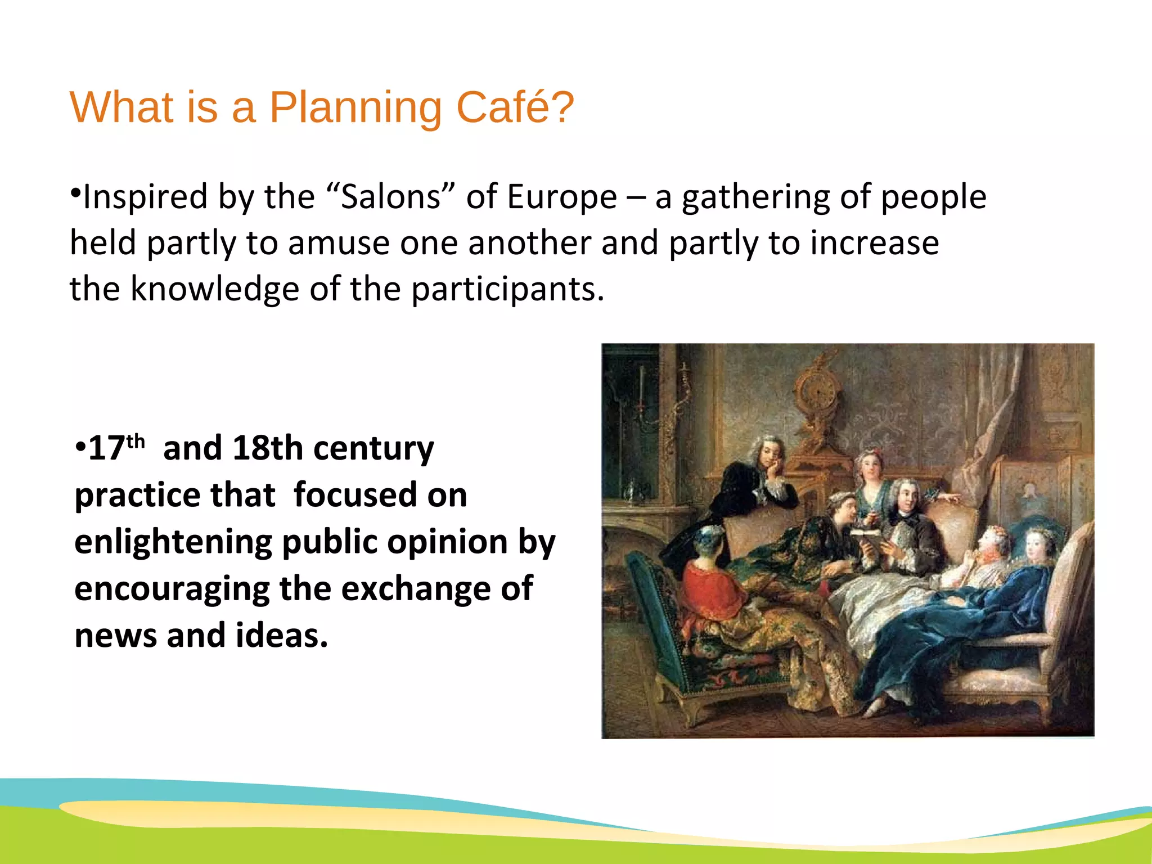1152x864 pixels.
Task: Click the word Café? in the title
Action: tap(515, 107)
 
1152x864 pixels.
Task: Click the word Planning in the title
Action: tap(355, 108)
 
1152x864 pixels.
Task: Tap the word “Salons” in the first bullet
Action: tap(390, 197)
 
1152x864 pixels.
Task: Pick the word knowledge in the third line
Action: tap(214, 289)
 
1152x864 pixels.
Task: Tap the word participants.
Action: tap(507, 290)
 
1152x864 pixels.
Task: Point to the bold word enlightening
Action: tap(173, 542)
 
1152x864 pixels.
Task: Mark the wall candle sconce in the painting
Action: tap(641, 394)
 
